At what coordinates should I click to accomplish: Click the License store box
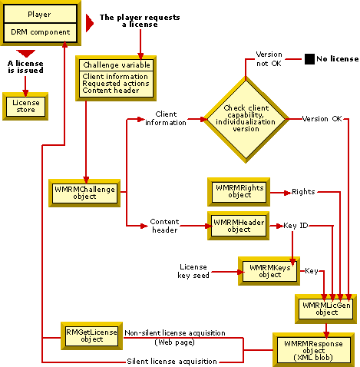tap(25, 104)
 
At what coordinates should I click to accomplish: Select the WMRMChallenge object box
tap(84, 192)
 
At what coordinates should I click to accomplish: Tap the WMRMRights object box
tap(238, 190)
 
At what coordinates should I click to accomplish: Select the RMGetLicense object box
tap(91, 335)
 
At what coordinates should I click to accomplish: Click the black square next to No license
tap(309, 58)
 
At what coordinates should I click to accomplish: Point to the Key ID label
tap(296, 226)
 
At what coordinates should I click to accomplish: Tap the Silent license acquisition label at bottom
tap(172, 361)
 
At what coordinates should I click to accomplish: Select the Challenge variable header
tap(115, 64)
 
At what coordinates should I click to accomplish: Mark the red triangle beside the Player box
tap(90, 22)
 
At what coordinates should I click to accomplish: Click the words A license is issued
tap(25, 68)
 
